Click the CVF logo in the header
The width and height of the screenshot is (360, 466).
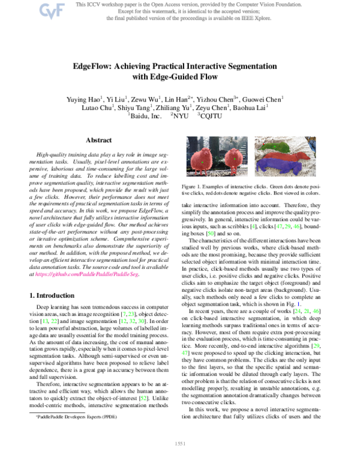(x=47, y=10)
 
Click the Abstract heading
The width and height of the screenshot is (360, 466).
(x=99, y=140)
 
